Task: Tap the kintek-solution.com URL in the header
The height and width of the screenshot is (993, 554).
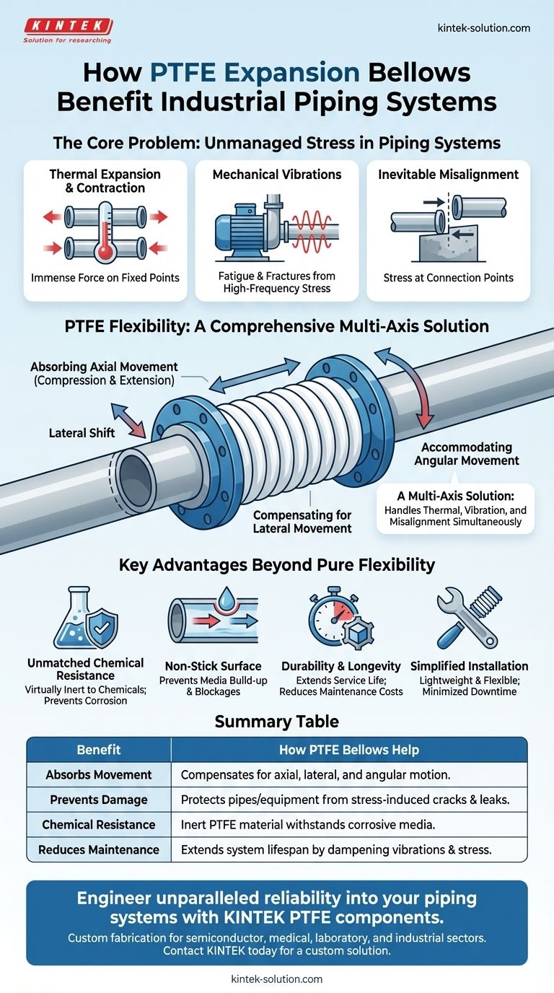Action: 483,28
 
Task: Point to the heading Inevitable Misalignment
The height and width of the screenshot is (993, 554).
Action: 448,174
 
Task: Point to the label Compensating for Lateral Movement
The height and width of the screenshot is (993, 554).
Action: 302,522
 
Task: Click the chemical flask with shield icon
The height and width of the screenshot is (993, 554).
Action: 82,621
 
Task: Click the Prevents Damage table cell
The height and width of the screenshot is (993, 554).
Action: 99,800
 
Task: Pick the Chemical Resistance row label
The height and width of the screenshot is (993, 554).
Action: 99,824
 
